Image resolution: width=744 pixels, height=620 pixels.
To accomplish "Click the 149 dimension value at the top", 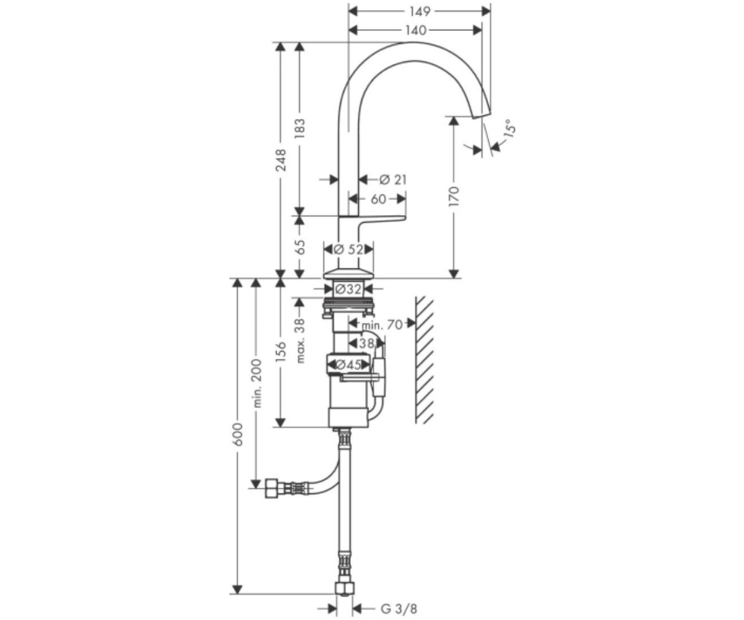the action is (x=420, y=11).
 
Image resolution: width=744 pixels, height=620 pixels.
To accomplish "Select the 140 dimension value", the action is (x=416, y=30).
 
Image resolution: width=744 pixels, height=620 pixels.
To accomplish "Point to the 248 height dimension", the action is (x=281, y=161).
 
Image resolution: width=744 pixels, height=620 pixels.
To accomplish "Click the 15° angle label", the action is (x=509, y=128).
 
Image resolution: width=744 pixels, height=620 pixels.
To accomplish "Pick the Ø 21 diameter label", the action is (x=392, y=180).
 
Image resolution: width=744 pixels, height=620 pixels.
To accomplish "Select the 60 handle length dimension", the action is (x=378, y=200).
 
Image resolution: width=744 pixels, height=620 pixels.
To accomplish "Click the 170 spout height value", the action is (x=454, y=196).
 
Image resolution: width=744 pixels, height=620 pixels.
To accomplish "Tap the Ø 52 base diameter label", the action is (x=348, y=249).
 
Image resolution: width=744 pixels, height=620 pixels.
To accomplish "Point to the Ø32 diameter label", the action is (x=348, y=289).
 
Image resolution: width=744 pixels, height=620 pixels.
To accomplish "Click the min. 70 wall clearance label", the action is (x=382, y=325).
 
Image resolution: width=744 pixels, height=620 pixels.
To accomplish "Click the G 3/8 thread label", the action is (x=399, y=599).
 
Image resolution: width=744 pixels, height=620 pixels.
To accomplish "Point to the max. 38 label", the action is (x=300, y=340).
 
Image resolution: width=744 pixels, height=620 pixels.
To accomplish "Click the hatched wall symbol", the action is (x=424, y=360).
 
